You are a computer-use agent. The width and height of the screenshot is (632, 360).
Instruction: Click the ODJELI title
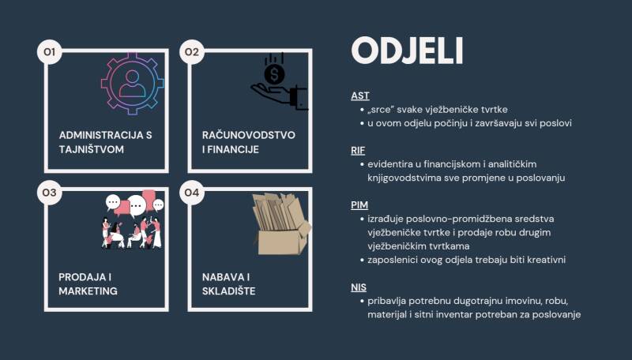pos(407,51)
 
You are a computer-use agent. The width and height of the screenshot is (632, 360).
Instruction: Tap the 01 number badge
pos(49,52)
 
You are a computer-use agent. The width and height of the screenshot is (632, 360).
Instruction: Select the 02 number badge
pos(192,52)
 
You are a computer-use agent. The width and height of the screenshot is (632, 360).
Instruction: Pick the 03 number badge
pos(49,193)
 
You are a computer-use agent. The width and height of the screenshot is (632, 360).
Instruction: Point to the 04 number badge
pos(192,193)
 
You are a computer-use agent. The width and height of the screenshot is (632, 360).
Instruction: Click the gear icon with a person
pos(132,84)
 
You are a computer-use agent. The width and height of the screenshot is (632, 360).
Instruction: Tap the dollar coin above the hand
pos(274,74)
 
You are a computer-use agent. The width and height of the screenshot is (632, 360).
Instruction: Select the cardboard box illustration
pos(281,224)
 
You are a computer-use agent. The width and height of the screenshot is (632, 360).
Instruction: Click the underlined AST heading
pos(360,96)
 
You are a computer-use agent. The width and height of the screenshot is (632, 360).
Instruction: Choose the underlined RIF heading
pos(358,151)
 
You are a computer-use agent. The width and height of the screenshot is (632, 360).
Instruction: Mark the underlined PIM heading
pos(359,205)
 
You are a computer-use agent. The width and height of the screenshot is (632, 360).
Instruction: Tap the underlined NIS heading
pos(359,287)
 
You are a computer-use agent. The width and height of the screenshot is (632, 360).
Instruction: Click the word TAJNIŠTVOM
pos(92,149)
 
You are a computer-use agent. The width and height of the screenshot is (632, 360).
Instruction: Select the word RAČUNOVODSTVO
pos(249,135)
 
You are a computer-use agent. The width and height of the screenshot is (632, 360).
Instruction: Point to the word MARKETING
pos(88,291)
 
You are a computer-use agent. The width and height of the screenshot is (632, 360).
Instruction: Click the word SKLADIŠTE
pos(228,291)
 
